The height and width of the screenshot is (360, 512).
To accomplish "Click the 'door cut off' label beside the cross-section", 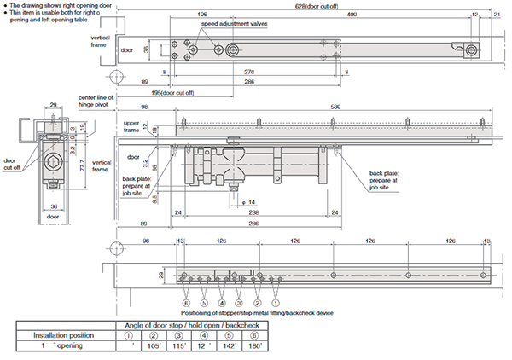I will pos(10,163).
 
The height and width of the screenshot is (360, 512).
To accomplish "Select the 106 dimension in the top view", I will pos(201,15).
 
